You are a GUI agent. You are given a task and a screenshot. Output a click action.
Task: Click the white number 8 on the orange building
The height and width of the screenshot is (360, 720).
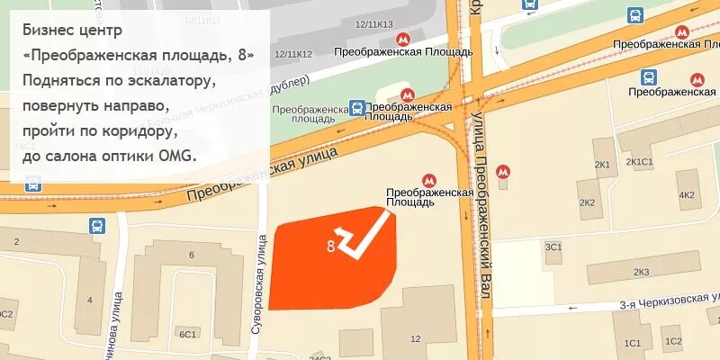coord(331,245)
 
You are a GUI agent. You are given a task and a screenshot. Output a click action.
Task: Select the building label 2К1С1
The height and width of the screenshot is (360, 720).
coord(640,162)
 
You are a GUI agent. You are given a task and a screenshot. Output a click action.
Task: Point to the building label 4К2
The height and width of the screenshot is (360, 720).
coord(687,195)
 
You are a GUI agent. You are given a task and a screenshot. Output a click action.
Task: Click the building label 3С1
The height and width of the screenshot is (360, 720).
coord(553,247)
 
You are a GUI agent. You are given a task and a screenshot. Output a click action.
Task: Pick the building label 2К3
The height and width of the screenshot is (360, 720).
coord(641,272)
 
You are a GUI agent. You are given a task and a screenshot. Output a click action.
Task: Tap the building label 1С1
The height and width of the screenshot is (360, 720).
coord(633,343)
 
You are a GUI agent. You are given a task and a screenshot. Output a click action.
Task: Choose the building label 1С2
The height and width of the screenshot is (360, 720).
coord(672,341)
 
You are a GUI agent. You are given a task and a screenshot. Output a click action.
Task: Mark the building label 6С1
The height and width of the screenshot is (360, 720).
coord(187,334)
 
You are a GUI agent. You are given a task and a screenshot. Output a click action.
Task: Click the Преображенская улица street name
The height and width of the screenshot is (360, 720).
coord(261,175)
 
